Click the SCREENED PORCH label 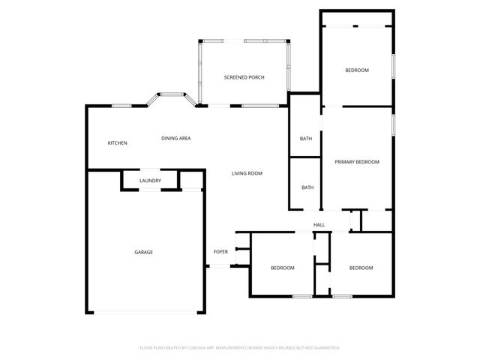(x=244, y=77)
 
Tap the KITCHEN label (x=117, y=143)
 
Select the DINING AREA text (x=175, y=138)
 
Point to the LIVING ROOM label (x=247, y=173)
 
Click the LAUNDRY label (x=150, y=181)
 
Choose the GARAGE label (x=143, y=252)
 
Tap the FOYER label (x=220, y=251)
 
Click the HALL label (x=319, y=224)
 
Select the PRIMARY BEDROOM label (x=357, y=162)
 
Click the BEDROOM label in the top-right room (x=357, y=70)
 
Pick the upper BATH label (x=306, y=139)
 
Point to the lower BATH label (x=307, y=187)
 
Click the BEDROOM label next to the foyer (x=282, y=268)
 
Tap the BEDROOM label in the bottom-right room (x=361, y=268)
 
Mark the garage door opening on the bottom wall (x=145, y=313)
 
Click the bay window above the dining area (x=171, y=95)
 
